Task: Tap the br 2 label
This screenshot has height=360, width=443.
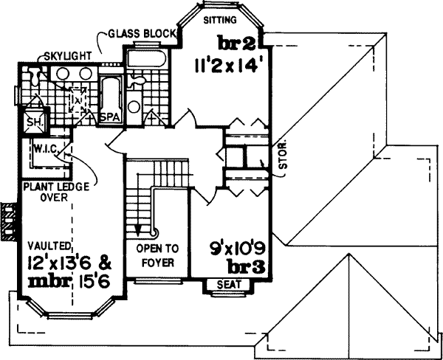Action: click(236, 40)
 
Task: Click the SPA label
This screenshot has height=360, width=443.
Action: click(110, 117)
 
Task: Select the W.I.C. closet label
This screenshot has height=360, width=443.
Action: click(44, 148)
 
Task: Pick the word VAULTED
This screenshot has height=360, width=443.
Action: click(49, 245)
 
